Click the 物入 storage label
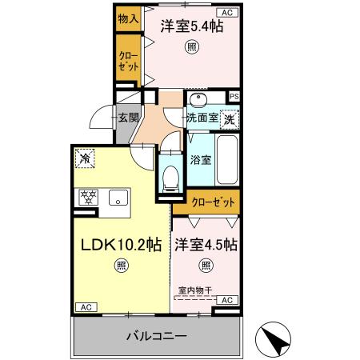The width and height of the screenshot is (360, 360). [127, 18]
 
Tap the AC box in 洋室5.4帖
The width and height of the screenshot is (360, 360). [226, 13]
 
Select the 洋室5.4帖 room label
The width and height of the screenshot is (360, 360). [191, 26]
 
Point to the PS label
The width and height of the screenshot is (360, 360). [234, 97]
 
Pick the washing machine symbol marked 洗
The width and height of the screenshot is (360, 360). [230, 119]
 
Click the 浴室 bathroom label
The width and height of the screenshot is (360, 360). [201, 158]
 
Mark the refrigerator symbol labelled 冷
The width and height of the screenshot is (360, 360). [84, 159]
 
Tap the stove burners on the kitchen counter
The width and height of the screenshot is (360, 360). [86, 198]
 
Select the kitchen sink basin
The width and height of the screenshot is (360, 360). [118, 198]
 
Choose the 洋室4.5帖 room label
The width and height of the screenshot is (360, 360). [206, 243]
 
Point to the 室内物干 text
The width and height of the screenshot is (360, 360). [195, 291]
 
